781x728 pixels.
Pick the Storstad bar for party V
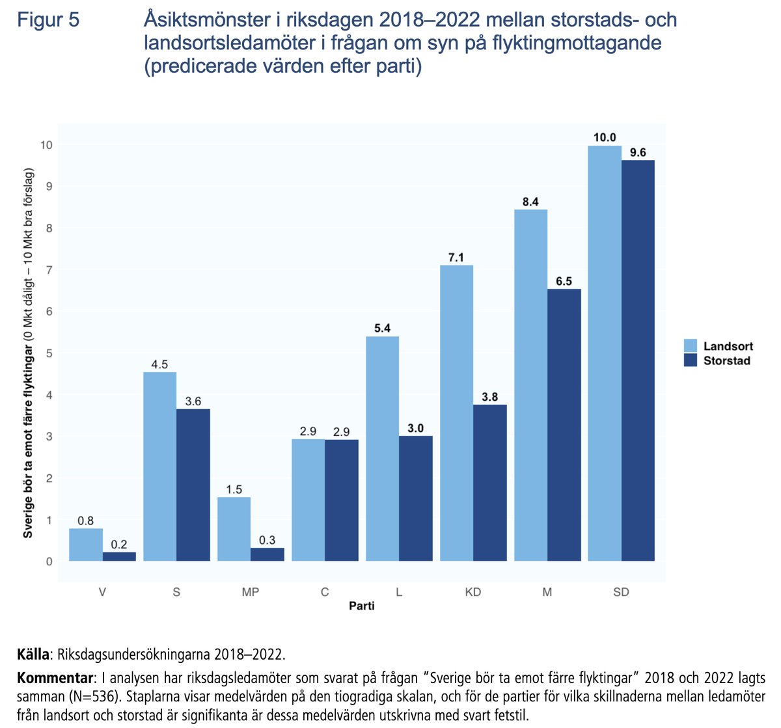119,556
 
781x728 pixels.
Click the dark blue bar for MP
267,554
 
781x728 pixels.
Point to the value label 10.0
605,137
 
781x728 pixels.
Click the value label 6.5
564,281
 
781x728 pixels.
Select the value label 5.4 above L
382,328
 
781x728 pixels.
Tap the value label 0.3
267,540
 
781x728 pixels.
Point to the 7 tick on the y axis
48,269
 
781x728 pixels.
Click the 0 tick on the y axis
48,561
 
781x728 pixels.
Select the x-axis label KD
473,592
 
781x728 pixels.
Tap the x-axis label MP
251,592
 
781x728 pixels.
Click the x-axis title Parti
361,606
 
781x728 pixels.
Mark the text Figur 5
48,20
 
